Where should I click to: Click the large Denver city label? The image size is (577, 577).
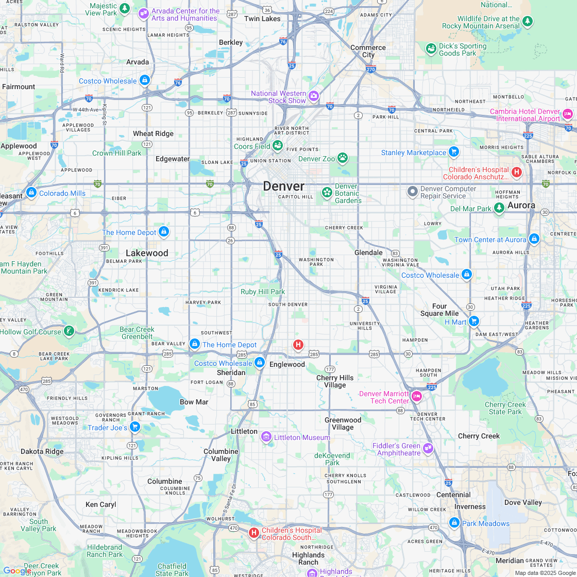pyautogui.click(x=283, y=186)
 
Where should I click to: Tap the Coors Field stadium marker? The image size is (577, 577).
pyautogui.click(x=278, y=146)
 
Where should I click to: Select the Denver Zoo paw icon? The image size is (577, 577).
pyautogui.click(x=343, y=158)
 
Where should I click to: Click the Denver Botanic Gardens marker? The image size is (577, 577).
pyautogui.click(x=327, y=193)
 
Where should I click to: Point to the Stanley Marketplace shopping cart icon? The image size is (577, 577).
pyautogui.click(x=453, y=152)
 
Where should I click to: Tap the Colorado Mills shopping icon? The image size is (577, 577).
pyautogui.click(x=31, y=193)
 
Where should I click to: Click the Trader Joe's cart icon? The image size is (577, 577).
pyautogui.click(x=134, y=427)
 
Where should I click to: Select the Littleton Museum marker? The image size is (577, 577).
pyautogui.click(x=266, y=437)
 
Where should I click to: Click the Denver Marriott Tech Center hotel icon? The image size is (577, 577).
pyautogui.click(x=416, y=396)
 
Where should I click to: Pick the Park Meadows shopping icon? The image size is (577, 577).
pyautogui.click(x=454, y=522)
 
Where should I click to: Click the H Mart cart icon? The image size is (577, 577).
pyautogui.click(x=473, y=321)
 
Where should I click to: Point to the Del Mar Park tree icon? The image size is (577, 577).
pyautogui.click(x=498, y=208)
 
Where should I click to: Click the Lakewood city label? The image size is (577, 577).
pyautogui.click(x=147, y=253)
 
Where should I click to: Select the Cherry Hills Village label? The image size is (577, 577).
pyautogui.click(x=335, y=381)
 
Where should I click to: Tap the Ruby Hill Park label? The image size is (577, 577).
pyautogui.click(x=263, y=292)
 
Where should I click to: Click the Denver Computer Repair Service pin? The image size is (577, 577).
pyautogui.click(x=412, y=192)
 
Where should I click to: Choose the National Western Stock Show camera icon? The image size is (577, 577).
pyautogui.click(x=313, y=96)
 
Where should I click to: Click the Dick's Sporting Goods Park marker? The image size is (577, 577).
pyautogui.click(x=431, y=48)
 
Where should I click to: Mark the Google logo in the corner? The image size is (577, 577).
pyautogui.click(x=17, y=570)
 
